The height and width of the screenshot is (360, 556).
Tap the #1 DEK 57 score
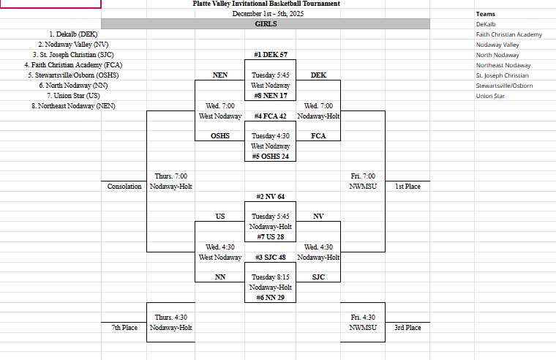[x=271, y=55]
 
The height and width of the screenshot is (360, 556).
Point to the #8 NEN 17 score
[x=271, y=96]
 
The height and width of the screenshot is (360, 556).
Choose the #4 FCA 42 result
[x=271, y=116]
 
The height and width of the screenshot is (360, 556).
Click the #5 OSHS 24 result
[x=271, y=157]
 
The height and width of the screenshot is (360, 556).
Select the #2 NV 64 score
[x=271, y=197]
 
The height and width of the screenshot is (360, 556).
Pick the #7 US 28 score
[x=271, y=237]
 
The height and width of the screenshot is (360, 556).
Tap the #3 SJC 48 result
[x=271, y=258]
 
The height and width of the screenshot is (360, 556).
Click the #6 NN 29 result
[x=271, y=298]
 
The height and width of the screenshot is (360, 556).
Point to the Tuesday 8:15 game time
[x=271, y=278]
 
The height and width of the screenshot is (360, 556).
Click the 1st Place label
[x=407, y=187]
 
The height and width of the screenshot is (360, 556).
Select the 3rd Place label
[x=407, y=328]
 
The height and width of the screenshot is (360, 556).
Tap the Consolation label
[x=124, y=187]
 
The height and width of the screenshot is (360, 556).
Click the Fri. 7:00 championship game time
[x=363, y=176]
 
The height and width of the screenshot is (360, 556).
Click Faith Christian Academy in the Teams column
[x=508, y=34]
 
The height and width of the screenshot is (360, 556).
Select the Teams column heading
[x=485, y=14]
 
